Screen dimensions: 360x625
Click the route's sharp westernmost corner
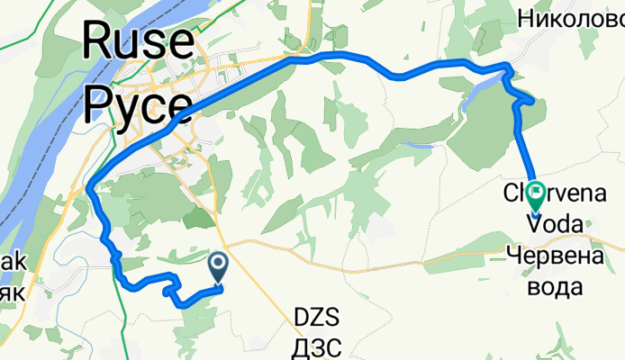pos(91,187)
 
